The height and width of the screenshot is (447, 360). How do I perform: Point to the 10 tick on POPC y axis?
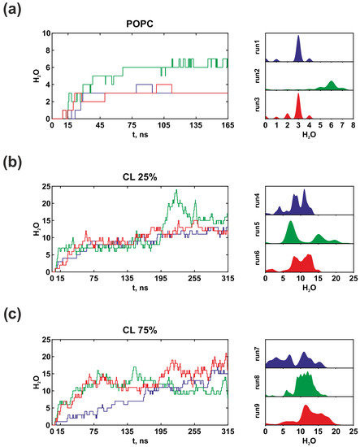[x=46, y=33]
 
